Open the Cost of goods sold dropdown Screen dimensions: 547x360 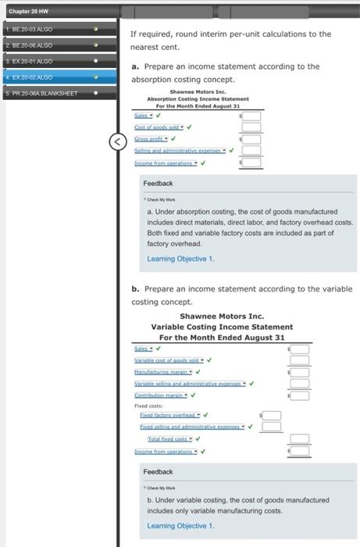point(159,127)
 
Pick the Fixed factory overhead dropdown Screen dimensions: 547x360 point(169,415)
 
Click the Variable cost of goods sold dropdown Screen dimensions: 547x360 point(168,360)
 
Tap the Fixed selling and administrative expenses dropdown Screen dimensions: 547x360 point(191,427)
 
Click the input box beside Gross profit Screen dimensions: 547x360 point(251,139)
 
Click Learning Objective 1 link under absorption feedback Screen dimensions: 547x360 point(180,259)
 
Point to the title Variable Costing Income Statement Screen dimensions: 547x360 point(222,327)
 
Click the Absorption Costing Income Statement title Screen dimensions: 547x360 point(198,99)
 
